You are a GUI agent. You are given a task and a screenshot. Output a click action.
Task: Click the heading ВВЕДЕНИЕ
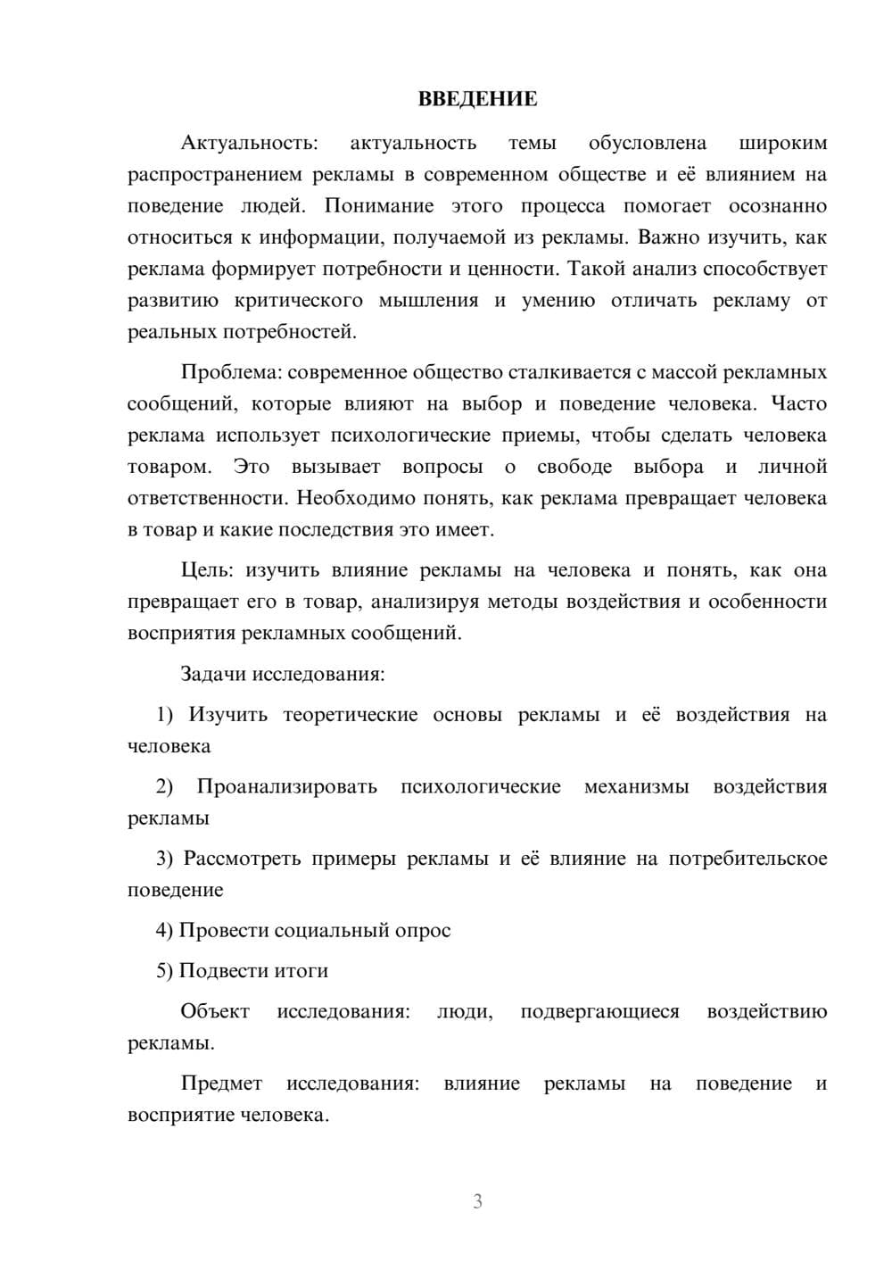point(477,99)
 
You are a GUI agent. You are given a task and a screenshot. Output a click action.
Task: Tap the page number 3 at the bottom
point(477,1201)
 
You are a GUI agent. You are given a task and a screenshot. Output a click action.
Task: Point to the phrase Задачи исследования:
point(282,674)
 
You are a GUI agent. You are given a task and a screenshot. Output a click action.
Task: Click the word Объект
point(215,1012)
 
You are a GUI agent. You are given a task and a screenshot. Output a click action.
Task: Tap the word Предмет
point(221,1083)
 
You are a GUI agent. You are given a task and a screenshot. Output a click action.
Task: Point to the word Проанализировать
point(286,786)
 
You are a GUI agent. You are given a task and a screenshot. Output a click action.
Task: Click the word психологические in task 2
point(481,786)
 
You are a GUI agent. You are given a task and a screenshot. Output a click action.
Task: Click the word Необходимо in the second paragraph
point(350,498)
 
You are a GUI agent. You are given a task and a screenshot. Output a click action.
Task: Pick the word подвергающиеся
point(599,1012)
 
